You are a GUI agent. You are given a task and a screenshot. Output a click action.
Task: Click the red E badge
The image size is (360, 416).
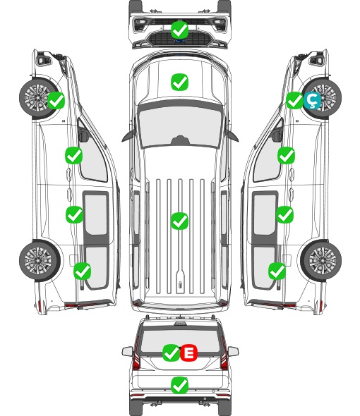(189, 353)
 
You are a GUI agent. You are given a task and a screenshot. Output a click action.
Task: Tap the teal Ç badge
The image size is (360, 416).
(312, 100)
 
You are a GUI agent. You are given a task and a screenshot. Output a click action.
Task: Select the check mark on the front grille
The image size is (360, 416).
(180, 30)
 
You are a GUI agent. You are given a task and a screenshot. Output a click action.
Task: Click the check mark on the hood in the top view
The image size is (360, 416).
(180, 82)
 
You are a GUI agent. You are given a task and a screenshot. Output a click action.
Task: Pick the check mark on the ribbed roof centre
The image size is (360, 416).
(180, 221)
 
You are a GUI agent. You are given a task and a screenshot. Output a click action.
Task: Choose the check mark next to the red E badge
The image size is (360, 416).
(171, 353)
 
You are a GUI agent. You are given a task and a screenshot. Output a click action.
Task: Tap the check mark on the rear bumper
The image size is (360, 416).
(180, 385)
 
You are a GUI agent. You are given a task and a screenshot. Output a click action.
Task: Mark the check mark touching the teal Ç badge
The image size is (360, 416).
(294, 100)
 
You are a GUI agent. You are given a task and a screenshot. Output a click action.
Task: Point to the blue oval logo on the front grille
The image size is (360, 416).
(180, 41)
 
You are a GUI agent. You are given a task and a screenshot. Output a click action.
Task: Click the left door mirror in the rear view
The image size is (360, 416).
(127, 351)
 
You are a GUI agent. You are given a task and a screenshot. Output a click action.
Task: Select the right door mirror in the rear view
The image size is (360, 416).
(233, 351)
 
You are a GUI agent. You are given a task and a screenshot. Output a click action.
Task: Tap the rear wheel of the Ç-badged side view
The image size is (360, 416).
(322, 260)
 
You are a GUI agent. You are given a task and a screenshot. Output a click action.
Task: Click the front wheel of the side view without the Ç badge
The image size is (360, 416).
(40, 97)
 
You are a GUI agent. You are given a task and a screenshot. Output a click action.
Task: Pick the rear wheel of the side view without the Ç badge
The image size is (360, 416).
(40, 260)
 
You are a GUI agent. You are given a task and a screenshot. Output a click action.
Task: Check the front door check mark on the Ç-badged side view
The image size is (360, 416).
(286, 156)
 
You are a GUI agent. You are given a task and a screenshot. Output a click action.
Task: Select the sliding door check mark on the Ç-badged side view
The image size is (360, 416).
(285, 214)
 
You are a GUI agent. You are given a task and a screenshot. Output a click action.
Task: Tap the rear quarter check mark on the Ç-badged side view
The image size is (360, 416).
(277, 271)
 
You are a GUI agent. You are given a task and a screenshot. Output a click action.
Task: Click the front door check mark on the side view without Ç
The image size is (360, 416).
(74, 156)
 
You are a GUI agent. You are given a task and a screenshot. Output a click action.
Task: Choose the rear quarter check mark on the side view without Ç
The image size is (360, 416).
(83, 271)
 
